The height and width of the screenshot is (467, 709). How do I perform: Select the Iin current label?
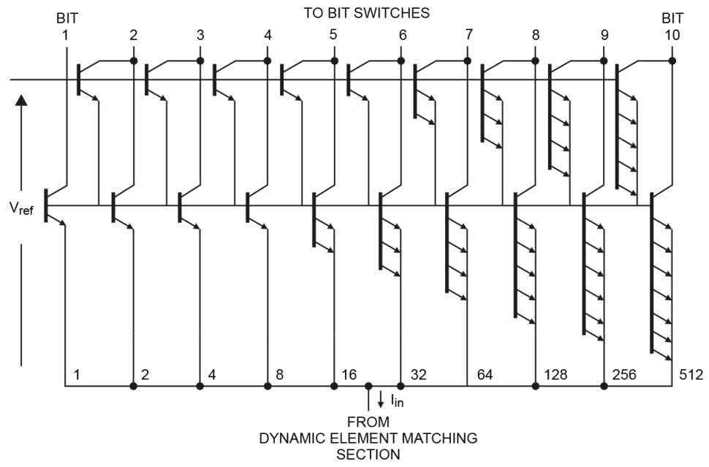[395, 400]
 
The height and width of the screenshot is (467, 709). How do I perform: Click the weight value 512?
[690, 375]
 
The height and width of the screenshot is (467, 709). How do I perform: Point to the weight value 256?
[623, 375]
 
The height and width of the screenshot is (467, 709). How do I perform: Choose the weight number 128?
[556, 375]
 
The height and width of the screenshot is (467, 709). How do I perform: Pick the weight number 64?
[485, 375]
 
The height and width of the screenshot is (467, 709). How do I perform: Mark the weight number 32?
[418, 375]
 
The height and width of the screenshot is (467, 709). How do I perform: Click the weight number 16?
[349, 375]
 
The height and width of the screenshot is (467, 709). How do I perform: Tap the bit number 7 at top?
[469, 34]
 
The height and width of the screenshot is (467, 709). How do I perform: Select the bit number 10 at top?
[672, 34]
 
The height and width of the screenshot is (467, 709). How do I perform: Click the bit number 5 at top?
[334, 34]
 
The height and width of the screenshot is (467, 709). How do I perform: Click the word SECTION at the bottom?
[368, 454]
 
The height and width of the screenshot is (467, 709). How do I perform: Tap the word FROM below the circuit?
[368, 422]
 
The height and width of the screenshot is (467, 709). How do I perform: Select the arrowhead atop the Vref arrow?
[21, 100]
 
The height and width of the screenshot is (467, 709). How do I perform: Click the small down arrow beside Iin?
[380, 400]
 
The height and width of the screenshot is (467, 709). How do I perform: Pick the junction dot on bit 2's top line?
[133, 60]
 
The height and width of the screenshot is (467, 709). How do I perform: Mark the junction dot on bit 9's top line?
[604, 60]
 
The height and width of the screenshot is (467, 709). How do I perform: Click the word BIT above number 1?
[67, 18]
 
